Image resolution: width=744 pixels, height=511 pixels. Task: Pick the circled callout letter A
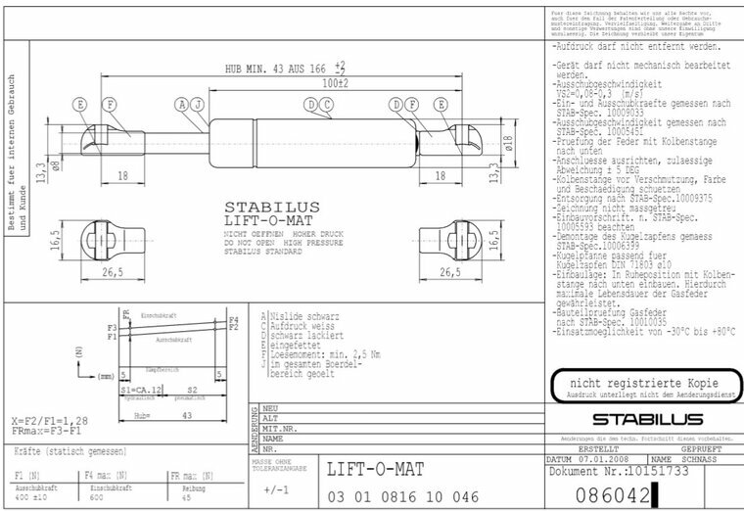coord(181,104)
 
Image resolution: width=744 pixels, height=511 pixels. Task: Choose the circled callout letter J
coord(197,104)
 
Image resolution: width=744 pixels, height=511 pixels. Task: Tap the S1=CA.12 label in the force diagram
coord(141,389)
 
